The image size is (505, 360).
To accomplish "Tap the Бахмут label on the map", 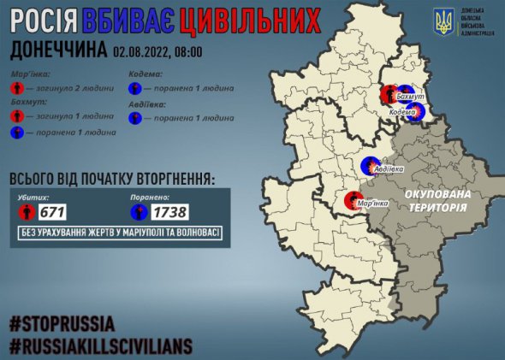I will pyautogui.click(x=411, y=101).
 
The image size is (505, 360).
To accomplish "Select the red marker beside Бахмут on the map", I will pyautogui.click(x=389, y=94).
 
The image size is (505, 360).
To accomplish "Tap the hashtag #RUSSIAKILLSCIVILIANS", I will pyautogui.click(x=101, y=346).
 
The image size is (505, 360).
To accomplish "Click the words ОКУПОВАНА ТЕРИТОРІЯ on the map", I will pyautogui.click(x=437, y=202).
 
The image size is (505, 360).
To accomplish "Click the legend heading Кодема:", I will pyautogui.click(x=146, y=74).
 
